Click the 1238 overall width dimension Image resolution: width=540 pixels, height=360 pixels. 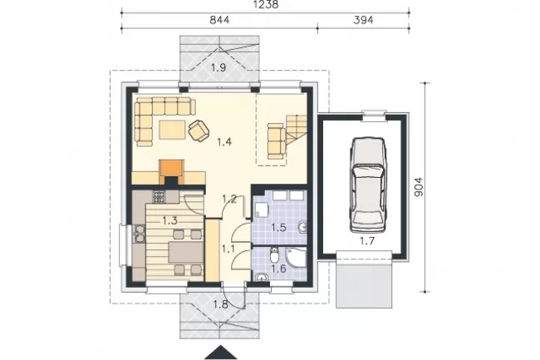click(x=266, y=5)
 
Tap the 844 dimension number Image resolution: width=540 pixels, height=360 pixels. click(x=219, y=20)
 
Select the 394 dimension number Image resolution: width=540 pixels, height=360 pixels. click(x=363, y=20)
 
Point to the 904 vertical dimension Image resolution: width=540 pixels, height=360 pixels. click(x=418, y=187)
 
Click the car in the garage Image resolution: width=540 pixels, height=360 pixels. click(x=368, y=185)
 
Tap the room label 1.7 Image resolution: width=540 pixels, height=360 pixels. click(x=367, y=241)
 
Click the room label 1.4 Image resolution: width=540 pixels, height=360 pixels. click(x=224, y=141)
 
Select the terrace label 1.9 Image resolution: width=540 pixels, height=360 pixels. click(x=218, y=67)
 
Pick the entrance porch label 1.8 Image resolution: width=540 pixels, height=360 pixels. click(x=220, y=304)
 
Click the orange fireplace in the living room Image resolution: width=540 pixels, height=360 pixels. click(x=171, y=172)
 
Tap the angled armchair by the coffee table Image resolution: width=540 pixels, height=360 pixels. click(x=199, y=131)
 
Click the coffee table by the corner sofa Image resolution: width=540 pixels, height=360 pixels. click(x=172, y=129)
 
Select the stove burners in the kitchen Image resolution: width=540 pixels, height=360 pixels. click(x=160, y=197)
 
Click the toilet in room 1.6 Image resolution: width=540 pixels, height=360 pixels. click(x=274, y=255)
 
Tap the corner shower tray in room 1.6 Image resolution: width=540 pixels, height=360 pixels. click(x=297, y=258)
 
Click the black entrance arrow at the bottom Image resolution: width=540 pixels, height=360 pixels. click(x=221, y=352)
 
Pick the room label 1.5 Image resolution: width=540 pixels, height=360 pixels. click(x=278, y=227)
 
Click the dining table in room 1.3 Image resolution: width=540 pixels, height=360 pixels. click(x=185, y=252)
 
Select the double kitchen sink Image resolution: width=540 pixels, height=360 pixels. click(x=140, y=234)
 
